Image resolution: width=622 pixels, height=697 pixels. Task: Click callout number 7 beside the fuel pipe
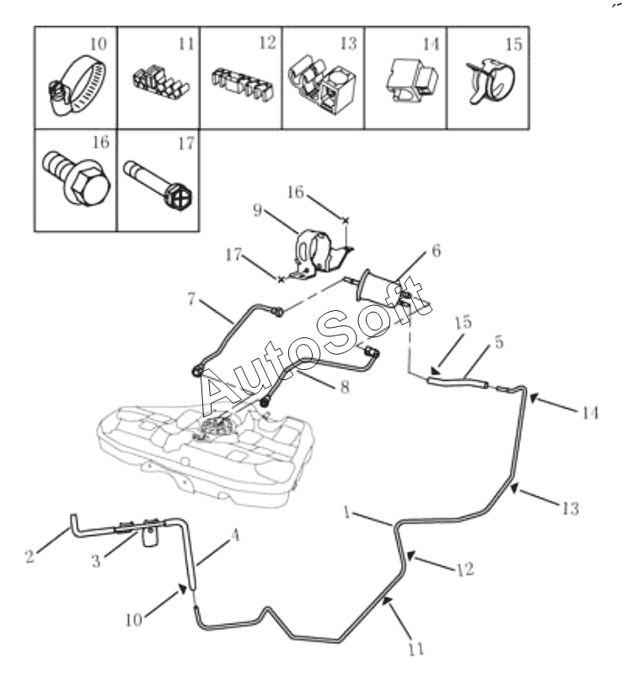pyautogui.click(x=194, y=299)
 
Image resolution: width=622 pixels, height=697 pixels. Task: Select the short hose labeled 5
pyautogui.click(x=458, y=382)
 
